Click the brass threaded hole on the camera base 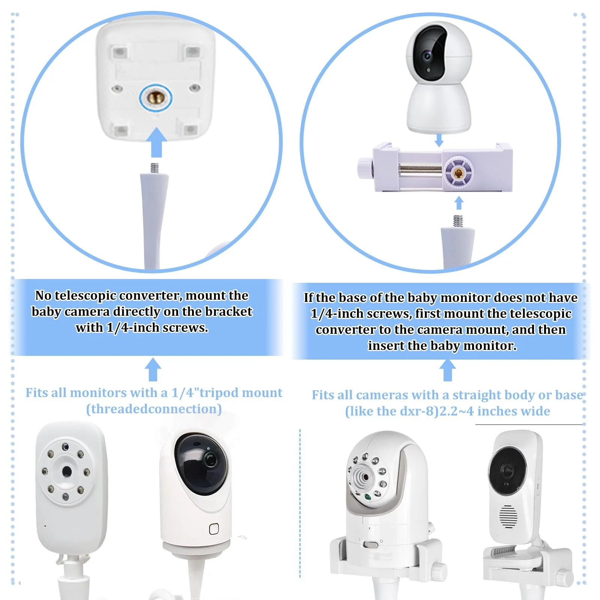click(155, 99)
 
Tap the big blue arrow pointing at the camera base click(156, 142)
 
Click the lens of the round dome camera click(427, 57)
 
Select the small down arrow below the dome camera click(439, 140)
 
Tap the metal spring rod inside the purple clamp click(420, 168)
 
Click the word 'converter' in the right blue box click(345, 330)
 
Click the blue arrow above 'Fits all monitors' click(153, 370)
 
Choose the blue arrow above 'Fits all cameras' click(447, 370)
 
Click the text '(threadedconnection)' click(154, 409)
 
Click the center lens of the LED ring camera click(67, 471)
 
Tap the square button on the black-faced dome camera click(214, 529)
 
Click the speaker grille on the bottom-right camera click(508, 516)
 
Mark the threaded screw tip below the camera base click(154, 168)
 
